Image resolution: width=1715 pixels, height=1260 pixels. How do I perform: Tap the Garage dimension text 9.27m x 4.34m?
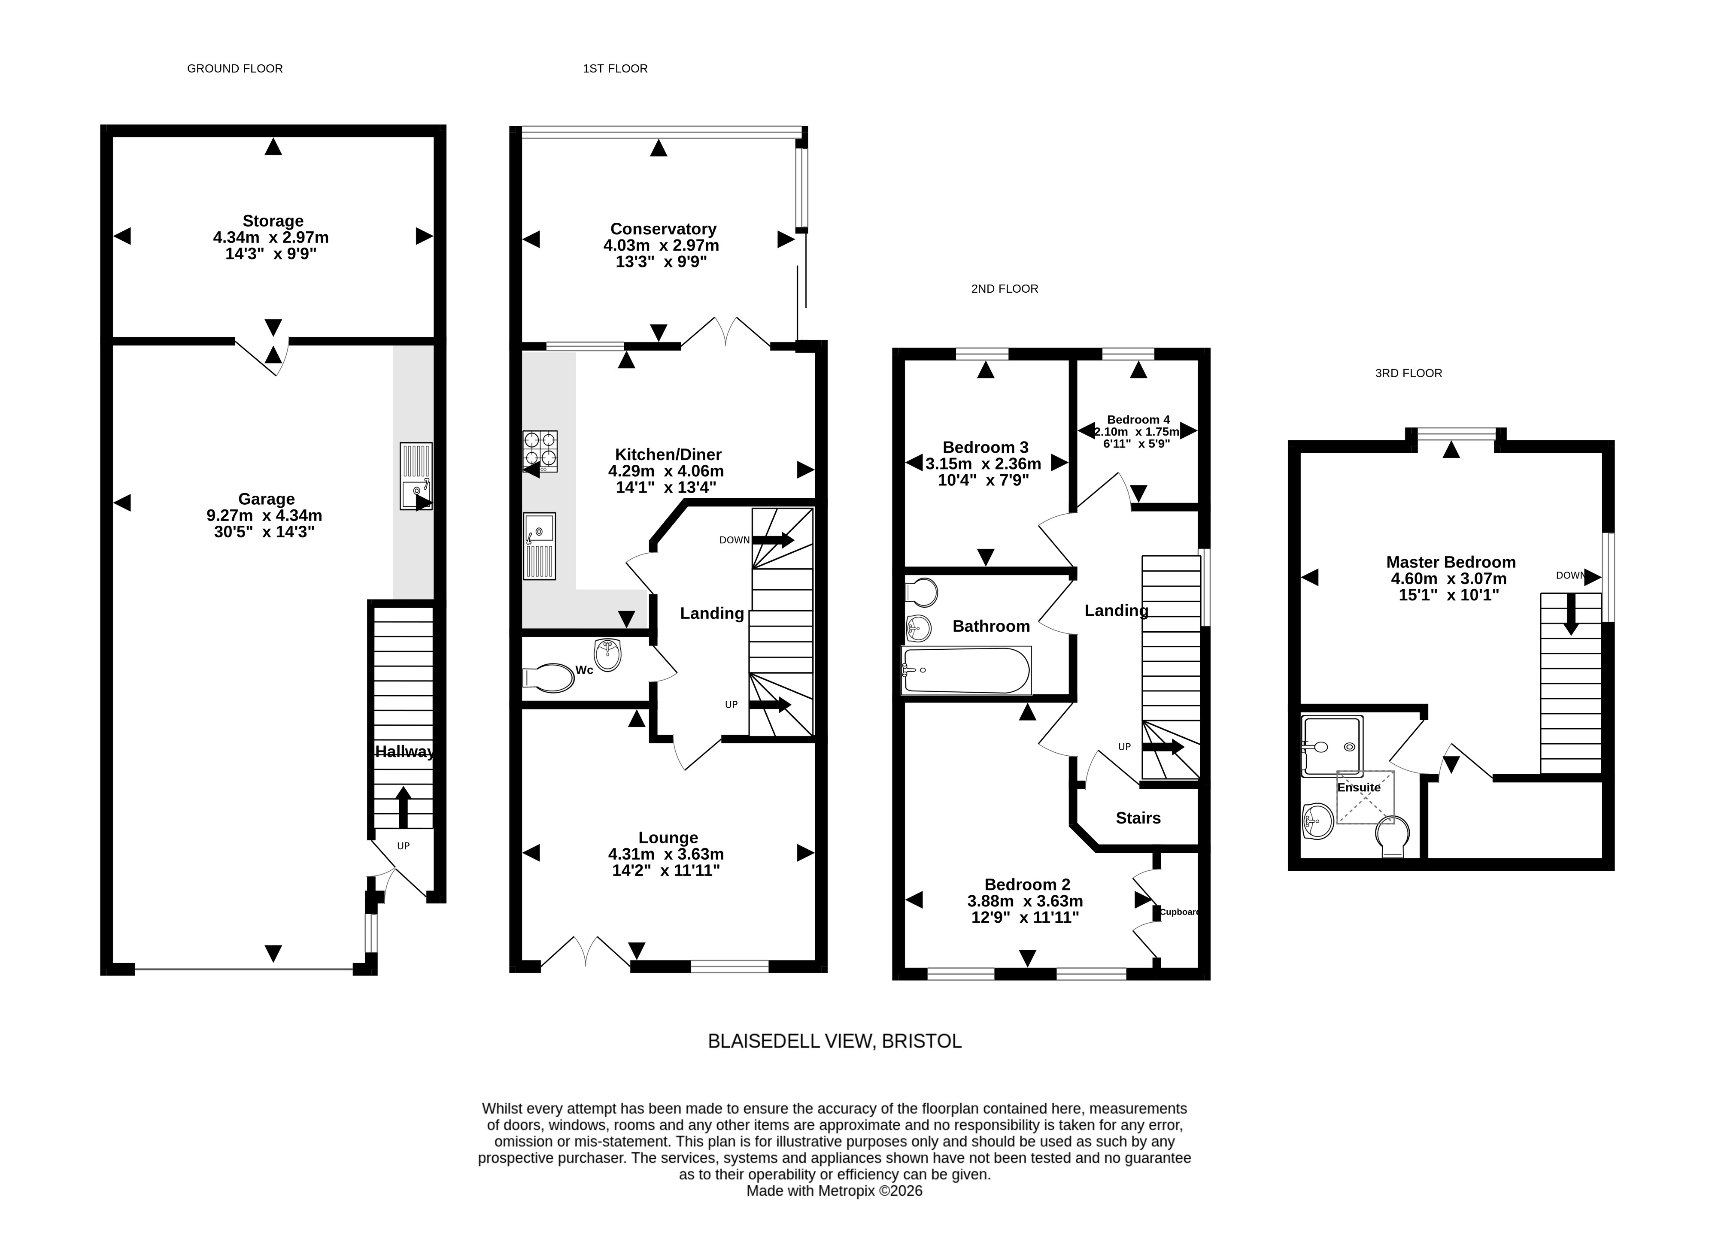(x=265, y=515)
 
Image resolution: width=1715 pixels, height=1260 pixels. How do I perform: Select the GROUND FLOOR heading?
(x=235, y=69)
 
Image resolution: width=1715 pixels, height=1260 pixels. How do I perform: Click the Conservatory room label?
(x=663, y=229)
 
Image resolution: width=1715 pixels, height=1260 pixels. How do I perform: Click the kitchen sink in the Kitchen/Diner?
(x=539, y=546)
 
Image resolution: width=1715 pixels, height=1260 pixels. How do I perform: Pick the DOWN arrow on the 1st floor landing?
(x=772, y=540)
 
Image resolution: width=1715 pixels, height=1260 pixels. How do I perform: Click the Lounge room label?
(x=668, y=837)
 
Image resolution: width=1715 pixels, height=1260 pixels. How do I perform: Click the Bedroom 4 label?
(x=1138, y=419)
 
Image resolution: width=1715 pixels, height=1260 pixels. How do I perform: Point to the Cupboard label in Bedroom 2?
(x=1179, y=912)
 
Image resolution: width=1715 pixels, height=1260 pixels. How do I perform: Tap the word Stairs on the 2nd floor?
(x=1138, y=818)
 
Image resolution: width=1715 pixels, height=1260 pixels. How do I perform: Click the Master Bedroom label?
(x=1451, y=562)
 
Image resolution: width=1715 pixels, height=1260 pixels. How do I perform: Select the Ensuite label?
(x=1359, y=787)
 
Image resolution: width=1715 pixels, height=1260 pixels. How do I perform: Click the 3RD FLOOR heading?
(x=1408, y=373)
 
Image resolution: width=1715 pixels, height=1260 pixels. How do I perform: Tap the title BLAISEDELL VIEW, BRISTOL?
(x=835, y=1041)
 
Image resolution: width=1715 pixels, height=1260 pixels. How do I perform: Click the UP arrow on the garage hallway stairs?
(x=404, y=808)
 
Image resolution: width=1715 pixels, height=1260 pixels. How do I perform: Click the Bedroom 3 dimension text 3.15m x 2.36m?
(x=983, y=464)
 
